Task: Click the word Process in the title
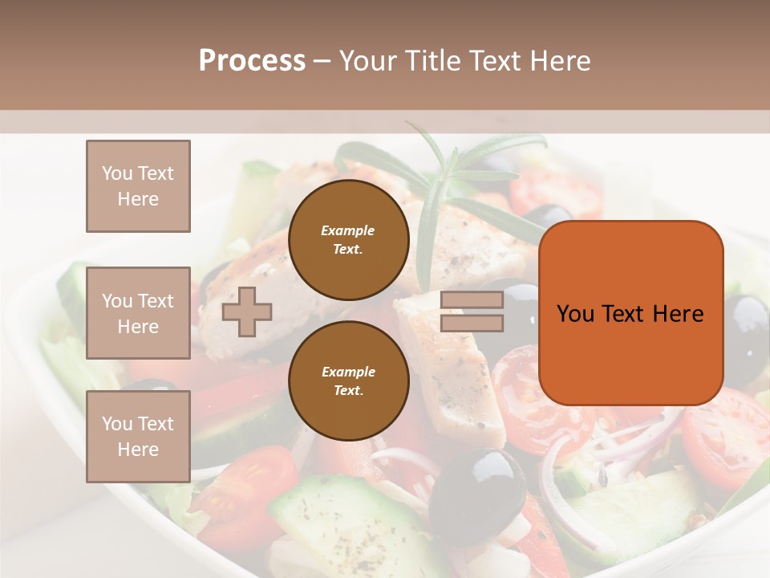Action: [x=252, y=61]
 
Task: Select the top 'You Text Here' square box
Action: [x=138, y=186]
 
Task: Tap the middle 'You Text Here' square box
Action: [x=138, y=313]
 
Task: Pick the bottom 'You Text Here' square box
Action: [x=138, y=437]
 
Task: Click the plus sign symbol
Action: [x=246, y=312]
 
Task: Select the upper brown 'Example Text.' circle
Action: [x=348, y=240]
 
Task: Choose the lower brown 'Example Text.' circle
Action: [x=348, y=381]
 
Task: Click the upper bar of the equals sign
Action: [x=472, y=300]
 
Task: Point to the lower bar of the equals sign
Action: [x=472, y=324]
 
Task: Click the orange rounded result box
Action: [x=630, y=313]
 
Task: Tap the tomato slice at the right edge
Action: [x=730, y=438]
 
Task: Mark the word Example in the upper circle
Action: [x=348, y=230]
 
